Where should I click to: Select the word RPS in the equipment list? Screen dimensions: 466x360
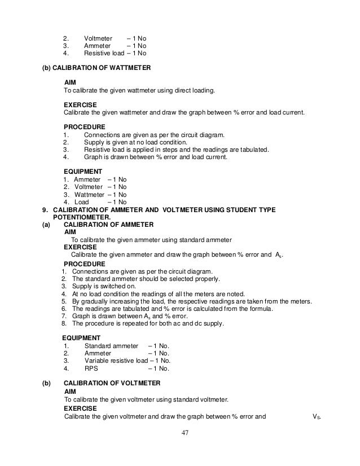91,370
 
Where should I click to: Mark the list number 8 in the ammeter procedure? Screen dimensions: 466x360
64,324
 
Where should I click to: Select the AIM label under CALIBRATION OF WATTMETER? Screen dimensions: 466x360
71,82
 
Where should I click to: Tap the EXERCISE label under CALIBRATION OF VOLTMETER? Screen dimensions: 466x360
80,408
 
